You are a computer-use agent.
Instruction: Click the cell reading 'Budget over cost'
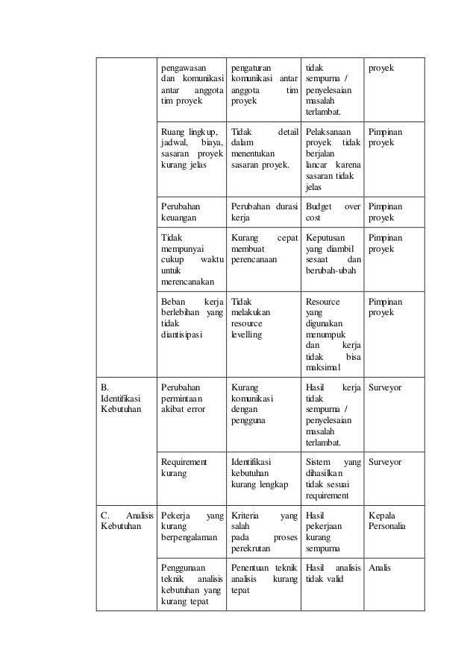pos(333,212)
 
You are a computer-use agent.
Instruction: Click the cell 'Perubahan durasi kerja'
pos(263,212)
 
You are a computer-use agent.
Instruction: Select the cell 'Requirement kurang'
pos(186,468)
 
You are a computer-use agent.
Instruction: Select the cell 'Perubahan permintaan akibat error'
pos(186,399)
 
